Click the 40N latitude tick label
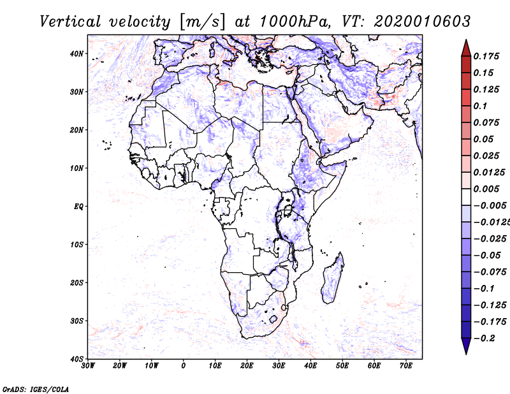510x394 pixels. pyautogui.click(x=76, y=54)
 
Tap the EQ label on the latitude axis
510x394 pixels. pyautogui.click(x=78, y=207)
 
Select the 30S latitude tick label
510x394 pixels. pyautogui.click(x=76, y=321)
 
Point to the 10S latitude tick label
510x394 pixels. pyautogui.click(x=76, y=245)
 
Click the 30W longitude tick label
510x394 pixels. pyautogui.click(x=88, y=366)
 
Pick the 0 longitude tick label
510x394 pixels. pyautogui.click(x=184, y=366)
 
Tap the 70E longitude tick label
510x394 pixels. pyautogui.click(x=406, y=366)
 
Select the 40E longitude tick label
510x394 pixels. pyautogui.click(x=310, y=366)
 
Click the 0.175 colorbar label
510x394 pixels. pyautogui.click(x=486, y=56)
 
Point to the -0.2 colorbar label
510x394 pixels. pyautogui.click(x=484, y=339)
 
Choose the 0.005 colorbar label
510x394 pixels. pyautogui.click(x=486, y=189)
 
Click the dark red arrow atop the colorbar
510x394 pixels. pyautogui.click(x=466, y=49)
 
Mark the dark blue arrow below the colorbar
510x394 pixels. pyautogui.click(x=466, y=346)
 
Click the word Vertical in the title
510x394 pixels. pyautogui.click(x=70, y=22)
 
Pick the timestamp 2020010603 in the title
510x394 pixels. pyautogui.click(x=422, y=22)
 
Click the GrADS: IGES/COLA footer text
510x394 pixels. pyautogui.click(x=36, y=390)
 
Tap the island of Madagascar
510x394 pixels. pyautogui.click(x=333, y=279)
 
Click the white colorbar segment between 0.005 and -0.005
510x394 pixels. pyautogui.click(x=466, y=197)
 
